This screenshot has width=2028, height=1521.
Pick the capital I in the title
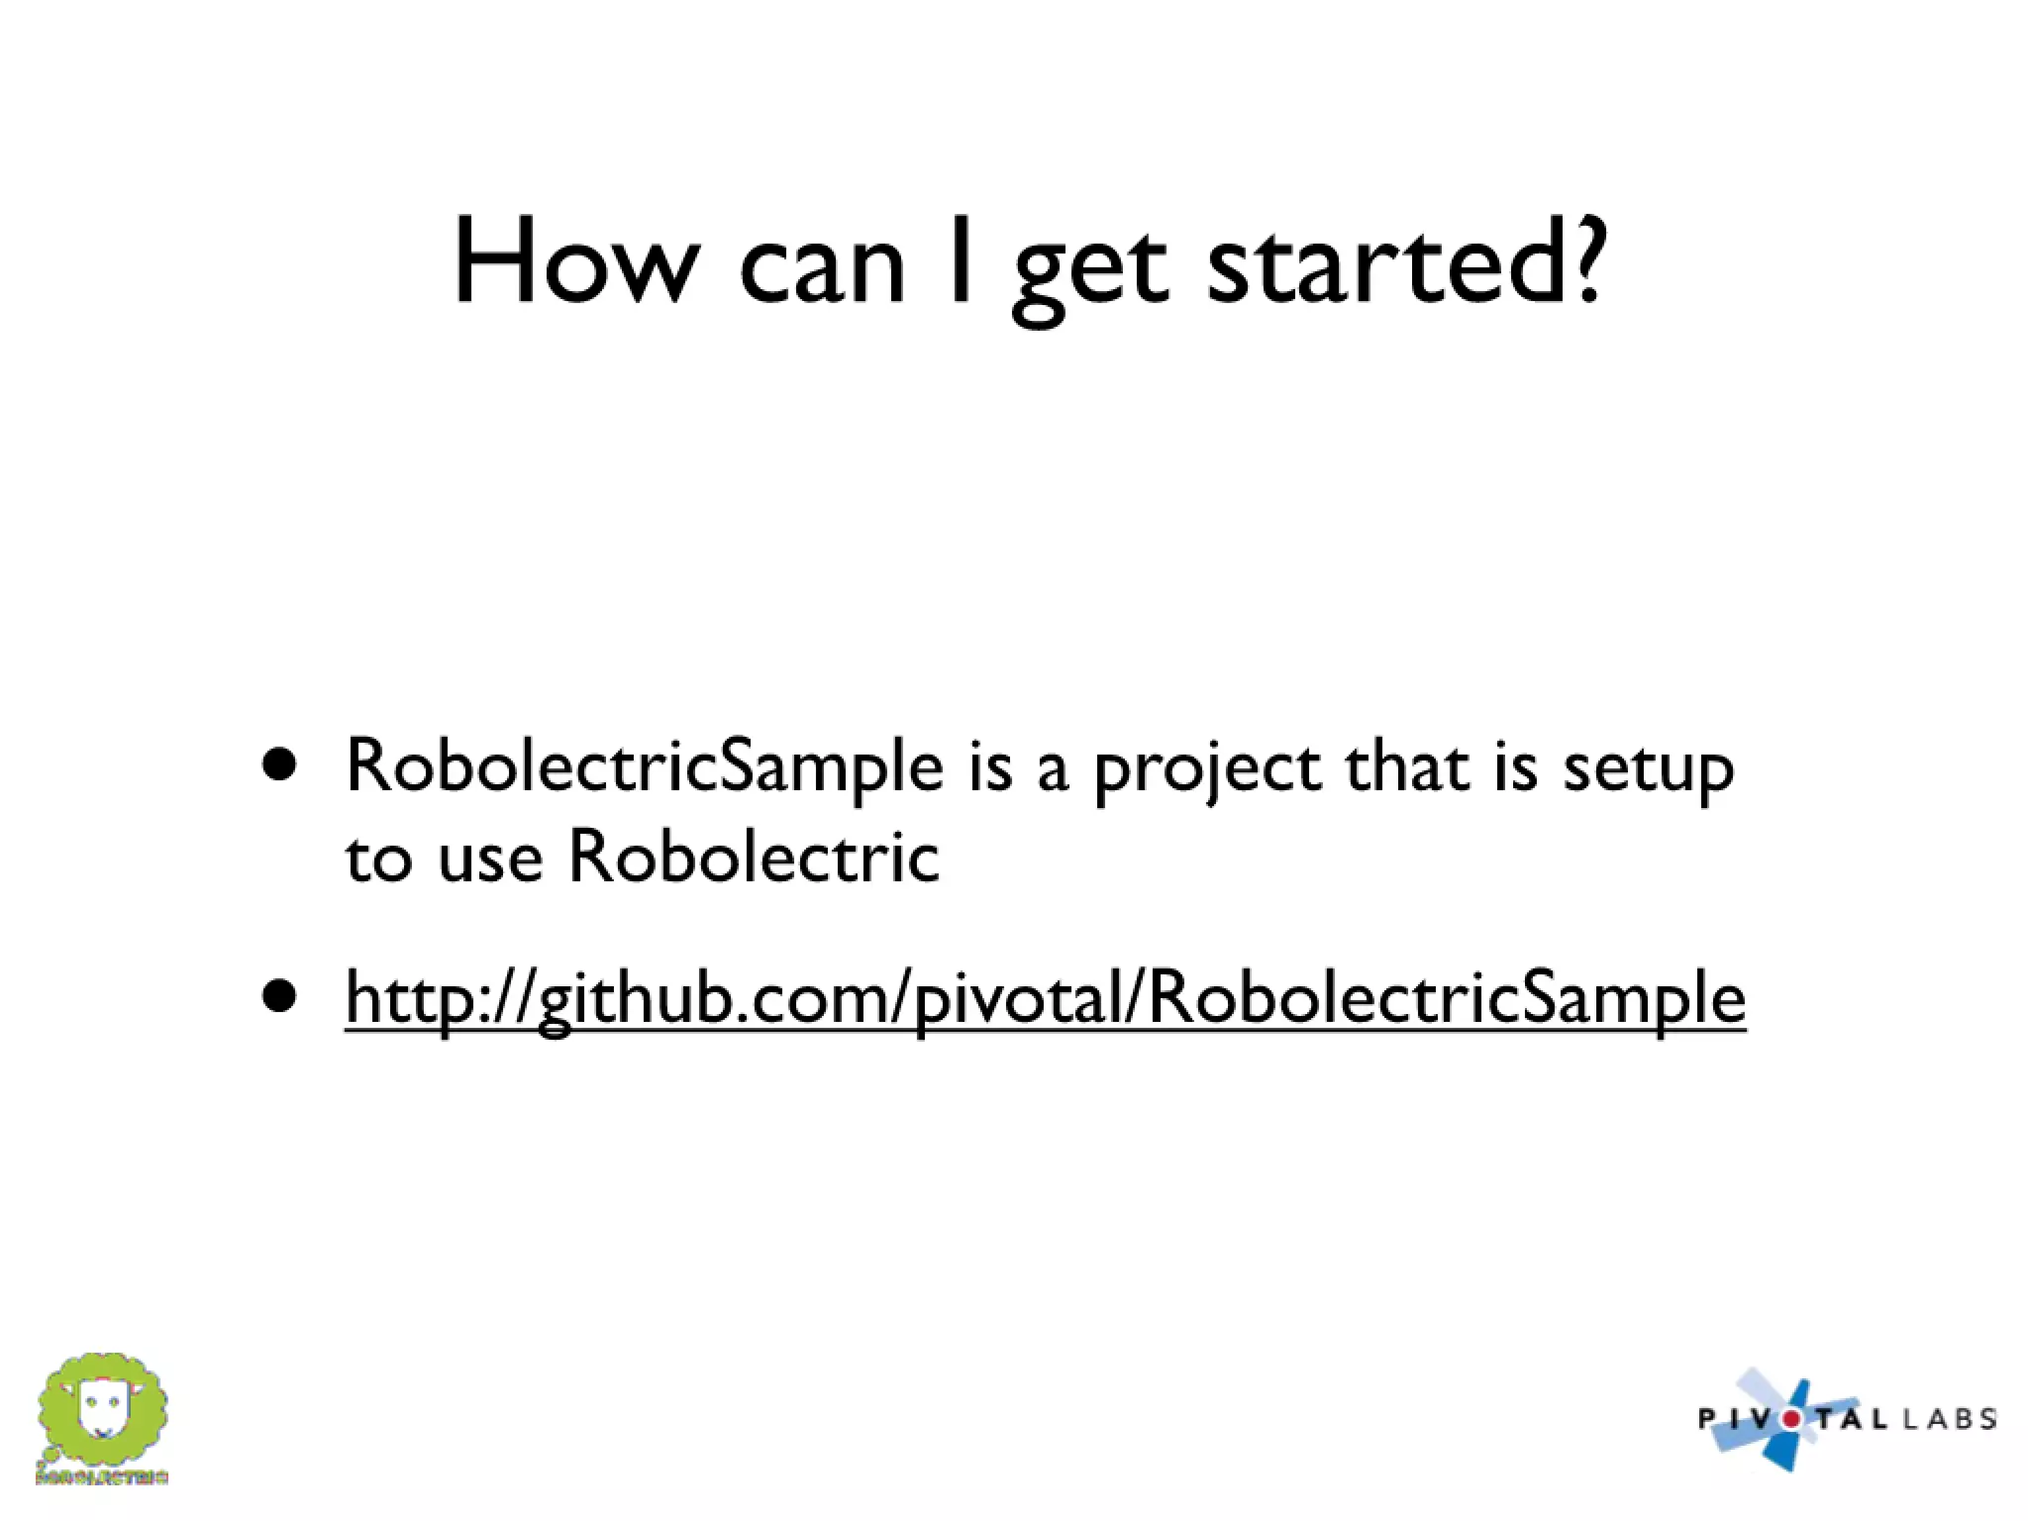click(959, 259)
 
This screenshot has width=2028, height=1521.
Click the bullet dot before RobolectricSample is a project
click(280, 765)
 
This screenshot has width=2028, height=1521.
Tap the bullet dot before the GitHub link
click(280, 996)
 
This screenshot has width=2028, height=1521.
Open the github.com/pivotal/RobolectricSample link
click(1045, 998)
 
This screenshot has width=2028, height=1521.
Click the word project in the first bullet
click(1207, 770)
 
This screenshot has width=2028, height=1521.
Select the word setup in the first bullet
click(1648, 770)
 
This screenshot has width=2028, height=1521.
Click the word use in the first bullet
click(490, 858)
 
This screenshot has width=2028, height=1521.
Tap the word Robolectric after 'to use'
click(754, 856)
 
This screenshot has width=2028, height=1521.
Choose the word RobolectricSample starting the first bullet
click(645, 766)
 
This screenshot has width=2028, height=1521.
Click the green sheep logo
click(102, 1410)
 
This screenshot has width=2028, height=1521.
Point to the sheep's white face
click(100, 1406)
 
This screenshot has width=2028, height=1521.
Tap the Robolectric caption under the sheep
click(102, 1477)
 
